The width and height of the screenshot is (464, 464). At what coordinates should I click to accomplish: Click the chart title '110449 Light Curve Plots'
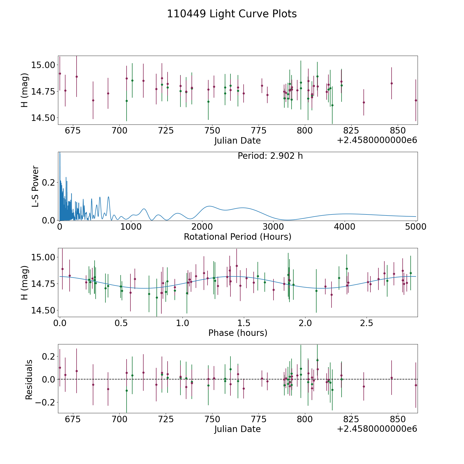point(232,14)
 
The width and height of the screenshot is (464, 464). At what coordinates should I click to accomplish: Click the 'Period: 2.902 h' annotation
point(270,156)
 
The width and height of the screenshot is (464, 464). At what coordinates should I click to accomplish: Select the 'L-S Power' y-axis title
point(35,186)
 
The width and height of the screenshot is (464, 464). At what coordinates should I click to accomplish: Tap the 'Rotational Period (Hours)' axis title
point(237,237)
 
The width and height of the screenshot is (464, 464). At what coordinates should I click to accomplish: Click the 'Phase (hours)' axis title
point(238,333)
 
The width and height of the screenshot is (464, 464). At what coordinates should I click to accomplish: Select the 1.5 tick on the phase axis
point(244,323)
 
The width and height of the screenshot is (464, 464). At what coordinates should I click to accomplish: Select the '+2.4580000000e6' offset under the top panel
point(377,140)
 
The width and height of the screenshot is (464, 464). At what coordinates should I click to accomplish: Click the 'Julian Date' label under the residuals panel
point(237,429)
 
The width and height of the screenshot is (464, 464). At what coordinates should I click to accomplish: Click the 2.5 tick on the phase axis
point(367,323)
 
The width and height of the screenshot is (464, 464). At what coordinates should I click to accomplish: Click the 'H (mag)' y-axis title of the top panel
point(24,90)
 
